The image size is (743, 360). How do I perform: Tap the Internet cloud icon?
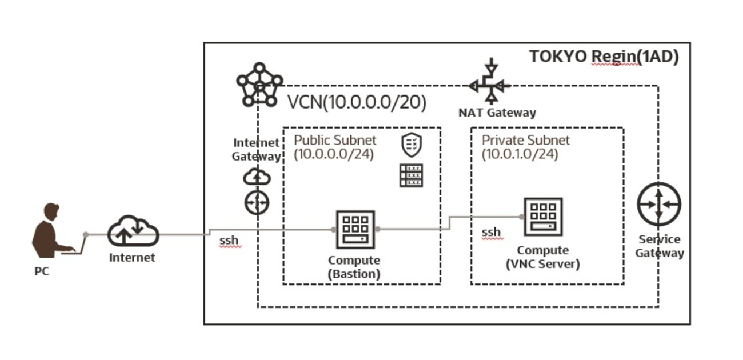point(133,231)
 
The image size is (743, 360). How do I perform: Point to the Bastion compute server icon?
point(355,229)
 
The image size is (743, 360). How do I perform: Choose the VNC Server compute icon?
point(543,217)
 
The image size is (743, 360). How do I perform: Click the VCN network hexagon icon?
point(259,85)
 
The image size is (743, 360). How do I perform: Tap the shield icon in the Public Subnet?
point(411,145)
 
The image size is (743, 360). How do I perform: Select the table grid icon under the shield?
point(412,175)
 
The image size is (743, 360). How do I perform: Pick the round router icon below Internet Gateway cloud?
point(257,202)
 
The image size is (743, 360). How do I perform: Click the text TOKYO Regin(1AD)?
point(604,57)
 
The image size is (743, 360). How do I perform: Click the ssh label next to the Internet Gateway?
point(229,241)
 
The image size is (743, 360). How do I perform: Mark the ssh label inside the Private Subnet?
point(491,232)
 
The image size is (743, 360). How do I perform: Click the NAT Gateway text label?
point(497,113)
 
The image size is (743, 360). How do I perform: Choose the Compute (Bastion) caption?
point(354,267)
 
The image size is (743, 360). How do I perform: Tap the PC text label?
point(42,271)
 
